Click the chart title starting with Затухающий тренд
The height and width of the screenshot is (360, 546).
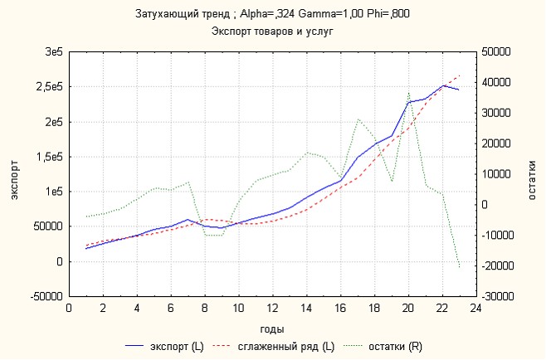click(x=272, y=14)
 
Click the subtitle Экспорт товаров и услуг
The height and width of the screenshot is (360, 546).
click(x=272, y=31)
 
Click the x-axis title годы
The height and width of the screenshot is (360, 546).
click(x=272, y=329)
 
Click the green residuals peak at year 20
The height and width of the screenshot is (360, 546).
click(x=408, y=94)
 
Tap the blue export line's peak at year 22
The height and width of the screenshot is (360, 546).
click(x=442, y=85)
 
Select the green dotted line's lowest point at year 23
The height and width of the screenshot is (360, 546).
click(x=459, y=267)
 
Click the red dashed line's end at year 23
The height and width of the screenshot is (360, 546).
click(x=459, y=75)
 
